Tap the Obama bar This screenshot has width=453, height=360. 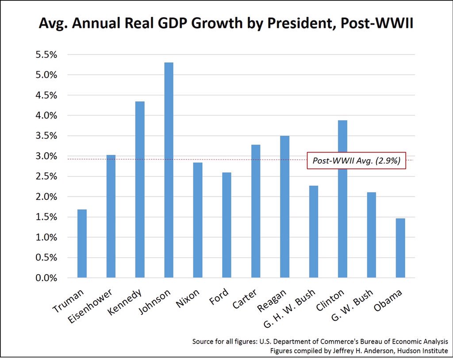click(x=400, y=248)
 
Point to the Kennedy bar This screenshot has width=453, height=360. click(x=140, y=190)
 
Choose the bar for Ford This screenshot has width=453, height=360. click(x=226, y=225)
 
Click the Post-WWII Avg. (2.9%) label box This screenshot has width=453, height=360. click(x=356, y=161)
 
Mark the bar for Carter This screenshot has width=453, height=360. click(x=255, y=211)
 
